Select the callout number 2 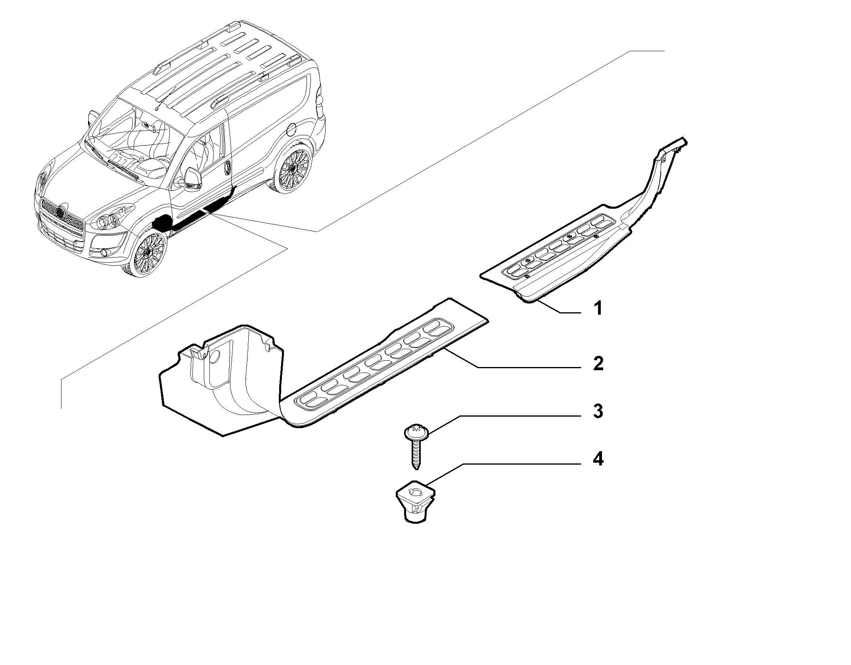(x=598, y=363)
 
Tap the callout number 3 (x=598, y=411)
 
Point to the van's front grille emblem (x=60, y=213)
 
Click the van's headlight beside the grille (x=109, y=220)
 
